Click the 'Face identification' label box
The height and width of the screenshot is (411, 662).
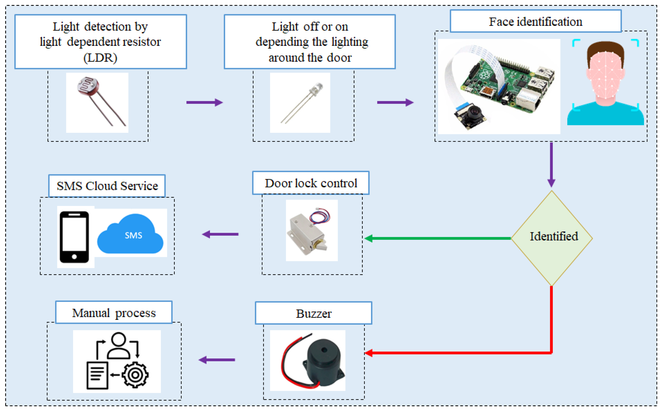point(535,22)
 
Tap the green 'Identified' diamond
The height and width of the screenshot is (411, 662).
point(552,238)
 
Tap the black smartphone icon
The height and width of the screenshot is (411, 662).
point(74,237)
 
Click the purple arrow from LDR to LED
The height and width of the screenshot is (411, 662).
point(204,103)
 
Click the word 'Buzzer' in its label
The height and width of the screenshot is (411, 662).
point(314,314)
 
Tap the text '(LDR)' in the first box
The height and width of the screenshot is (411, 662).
point(100,58)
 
